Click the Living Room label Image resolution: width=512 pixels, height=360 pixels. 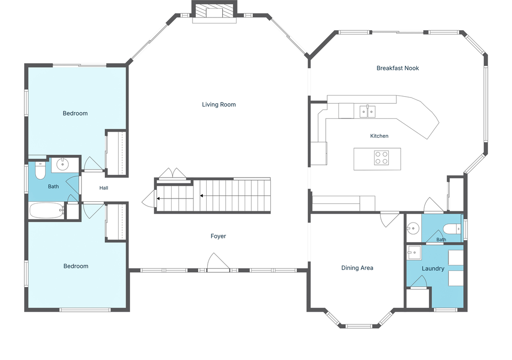pyautogui.click(x=219, y=104)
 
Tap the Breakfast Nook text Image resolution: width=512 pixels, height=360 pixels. pyautogui.click(x=398, y=68)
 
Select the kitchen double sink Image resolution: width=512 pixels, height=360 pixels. pyautogui.click(x=368, y=111)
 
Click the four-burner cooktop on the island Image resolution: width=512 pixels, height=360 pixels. pyautogui.click(x=381, y=158)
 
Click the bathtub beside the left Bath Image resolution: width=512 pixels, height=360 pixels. pyautogui.click(x=46, y=210)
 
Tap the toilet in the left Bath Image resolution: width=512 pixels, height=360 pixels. pyautogui.click(x=40, y=171)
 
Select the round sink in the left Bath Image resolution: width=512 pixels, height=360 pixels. pyautogui.click(x=63, y=164)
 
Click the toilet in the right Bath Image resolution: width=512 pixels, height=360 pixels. pyautogui.click(x=452, y=229)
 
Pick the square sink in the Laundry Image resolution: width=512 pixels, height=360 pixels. pyautogui.click(x=414, y=252)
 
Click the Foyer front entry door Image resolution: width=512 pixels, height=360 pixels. pyautogui.click(x=219, y=262)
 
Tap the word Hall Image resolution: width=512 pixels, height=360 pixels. pyautogui.click(x=104, y=188)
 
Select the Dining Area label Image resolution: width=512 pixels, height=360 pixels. pyautogui.click(x=357, y=268)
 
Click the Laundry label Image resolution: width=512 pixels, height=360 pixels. pyautogui.click(x=433, y=268)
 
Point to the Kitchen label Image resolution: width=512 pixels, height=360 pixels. pyautogui.click(x=379, y=136)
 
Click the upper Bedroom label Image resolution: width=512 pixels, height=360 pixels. pyautogui.click(x=75, y=113)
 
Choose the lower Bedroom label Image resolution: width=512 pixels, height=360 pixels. pyautogui.click(x=76, y=266)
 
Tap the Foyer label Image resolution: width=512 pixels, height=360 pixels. pyautogui.click(x=218, y=236)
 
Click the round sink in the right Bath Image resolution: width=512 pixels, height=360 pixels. pyautogui.click(x=413, y=228)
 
